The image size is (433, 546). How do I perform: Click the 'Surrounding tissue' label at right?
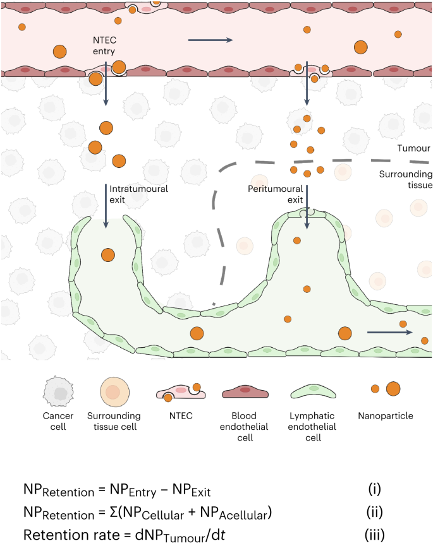[405, 180]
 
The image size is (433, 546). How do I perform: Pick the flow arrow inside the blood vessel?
[210, 40]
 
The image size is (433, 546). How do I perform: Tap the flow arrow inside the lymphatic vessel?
[389, 331]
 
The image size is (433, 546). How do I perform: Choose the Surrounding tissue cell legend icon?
[113, 392]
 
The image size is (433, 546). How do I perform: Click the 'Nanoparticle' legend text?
[385, 417]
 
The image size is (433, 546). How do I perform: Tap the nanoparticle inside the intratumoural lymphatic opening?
[108, 255]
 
